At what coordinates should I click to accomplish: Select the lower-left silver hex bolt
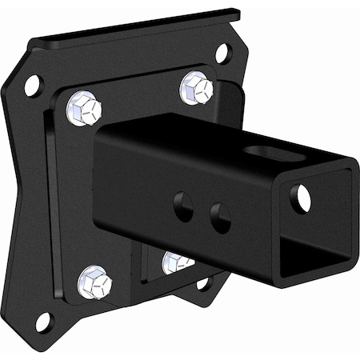[94, 282]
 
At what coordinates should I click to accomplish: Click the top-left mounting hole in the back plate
[33, 84]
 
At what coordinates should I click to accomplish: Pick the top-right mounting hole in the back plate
[223, 54]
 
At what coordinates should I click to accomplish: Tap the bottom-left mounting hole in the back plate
[43, 322]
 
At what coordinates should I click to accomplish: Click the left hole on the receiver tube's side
[183, 206]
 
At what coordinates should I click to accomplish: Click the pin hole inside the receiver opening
[301, 198]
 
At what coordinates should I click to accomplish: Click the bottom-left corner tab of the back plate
[40, 328]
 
